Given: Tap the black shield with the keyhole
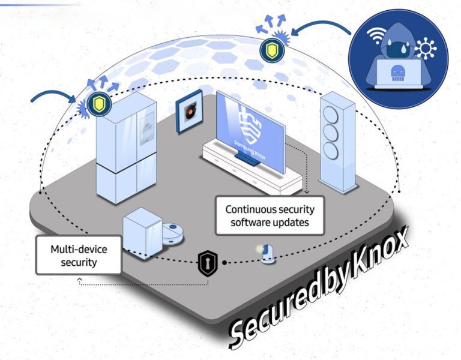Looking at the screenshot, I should point(207,264).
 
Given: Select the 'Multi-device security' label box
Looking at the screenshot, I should point(78,254).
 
